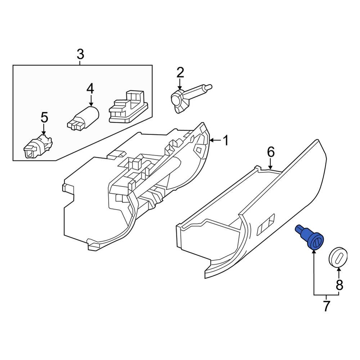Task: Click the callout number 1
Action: [226, 141]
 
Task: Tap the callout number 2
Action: [180, 73]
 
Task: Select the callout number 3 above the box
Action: [80, 55]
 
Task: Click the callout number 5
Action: [44, 117]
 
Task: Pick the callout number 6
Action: [271, 152]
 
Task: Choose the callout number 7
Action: [326, 306]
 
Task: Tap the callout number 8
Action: [339, 285]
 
